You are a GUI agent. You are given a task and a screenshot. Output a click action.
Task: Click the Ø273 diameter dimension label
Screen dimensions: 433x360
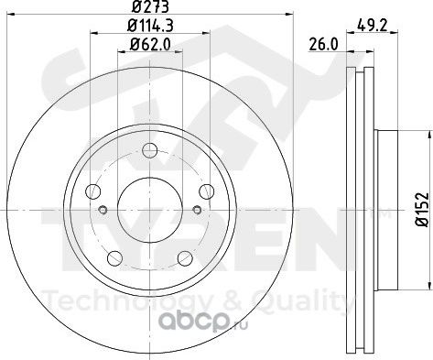pos(150,6)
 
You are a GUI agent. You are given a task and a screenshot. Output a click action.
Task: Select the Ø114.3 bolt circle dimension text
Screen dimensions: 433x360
pos(150,26)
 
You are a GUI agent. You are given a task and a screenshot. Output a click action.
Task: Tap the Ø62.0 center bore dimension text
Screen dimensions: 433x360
pos(150,45)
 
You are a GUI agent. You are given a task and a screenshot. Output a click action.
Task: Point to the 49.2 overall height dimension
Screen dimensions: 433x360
pos(373,26)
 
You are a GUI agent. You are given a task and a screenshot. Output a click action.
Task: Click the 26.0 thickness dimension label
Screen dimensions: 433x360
pos(324,45)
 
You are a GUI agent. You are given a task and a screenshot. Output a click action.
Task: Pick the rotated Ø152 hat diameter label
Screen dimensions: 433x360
pos(423,210)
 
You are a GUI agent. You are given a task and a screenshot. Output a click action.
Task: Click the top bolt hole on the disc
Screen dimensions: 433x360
pos(150,150)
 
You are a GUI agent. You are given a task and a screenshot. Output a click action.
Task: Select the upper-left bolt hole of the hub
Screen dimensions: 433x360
pos(93,191)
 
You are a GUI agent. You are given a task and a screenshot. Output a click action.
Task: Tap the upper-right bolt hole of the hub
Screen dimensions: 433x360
pos(207,191)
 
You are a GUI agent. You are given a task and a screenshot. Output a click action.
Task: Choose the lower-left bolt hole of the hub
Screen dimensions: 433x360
pos(115,258)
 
